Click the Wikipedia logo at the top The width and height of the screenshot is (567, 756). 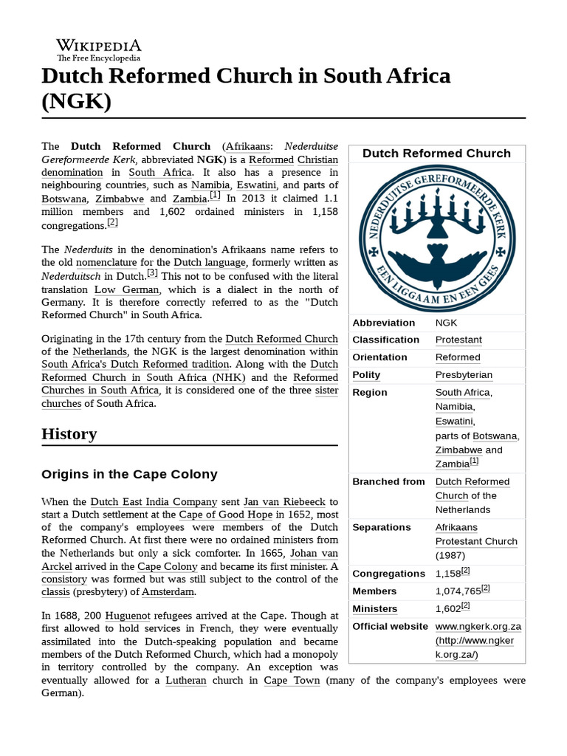pos(98,49)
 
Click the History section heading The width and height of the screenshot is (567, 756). pos(69,433)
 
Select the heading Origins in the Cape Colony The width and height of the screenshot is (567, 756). pos(129,474)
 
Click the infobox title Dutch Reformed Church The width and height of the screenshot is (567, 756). pos(436,154)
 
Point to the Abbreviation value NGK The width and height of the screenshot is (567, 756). pos(446,323)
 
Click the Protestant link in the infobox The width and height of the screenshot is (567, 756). pos(458,340)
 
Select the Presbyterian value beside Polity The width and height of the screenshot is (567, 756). pos(464,375)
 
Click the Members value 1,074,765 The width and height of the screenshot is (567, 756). pos(458,591)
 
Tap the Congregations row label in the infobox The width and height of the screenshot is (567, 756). pos(388,574)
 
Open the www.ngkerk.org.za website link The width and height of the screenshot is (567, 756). pos(478,626)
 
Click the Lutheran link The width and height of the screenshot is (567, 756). pos(185,680)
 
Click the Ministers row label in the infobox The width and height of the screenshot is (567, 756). pos(374,609)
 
